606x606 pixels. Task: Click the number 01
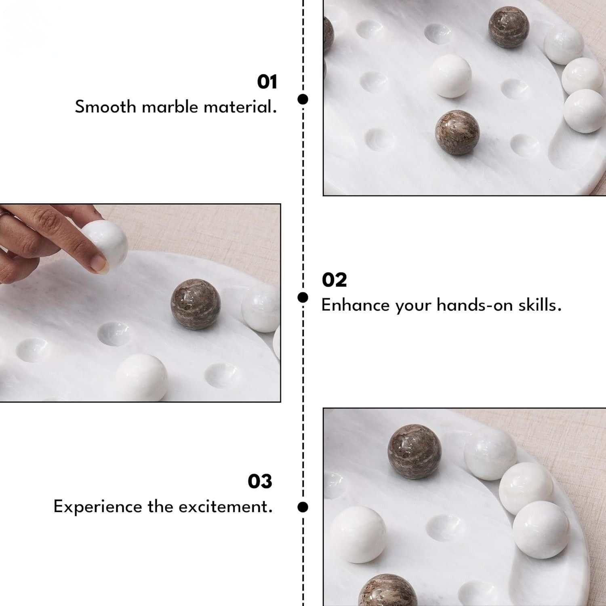coord(267,82)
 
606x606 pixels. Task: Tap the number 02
coord(334,280)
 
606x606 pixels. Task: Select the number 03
coord(260,482)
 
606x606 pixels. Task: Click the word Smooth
coord(105,107)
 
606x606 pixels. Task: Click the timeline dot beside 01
coord(303,99)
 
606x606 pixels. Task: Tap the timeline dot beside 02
coord(303,298)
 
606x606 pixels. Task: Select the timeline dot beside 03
coord(303,507)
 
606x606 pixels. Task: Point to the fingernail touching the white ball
coord(99,263)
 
